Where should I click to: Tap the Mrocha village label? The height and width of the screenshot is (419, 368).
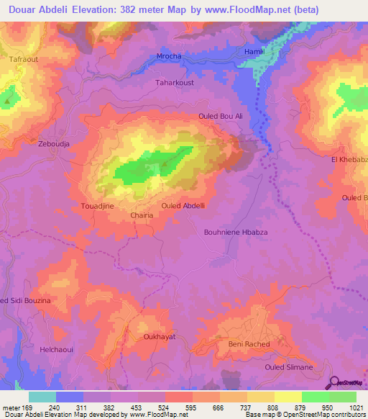(170, 56)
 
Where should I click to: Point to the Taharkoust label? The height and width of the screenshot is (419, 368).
(175, 83)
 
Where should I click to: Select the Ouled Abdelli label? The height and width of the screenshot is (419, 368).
(183, 205)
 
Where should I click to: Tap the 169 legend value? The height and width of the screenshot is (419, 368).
(28, 408)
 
